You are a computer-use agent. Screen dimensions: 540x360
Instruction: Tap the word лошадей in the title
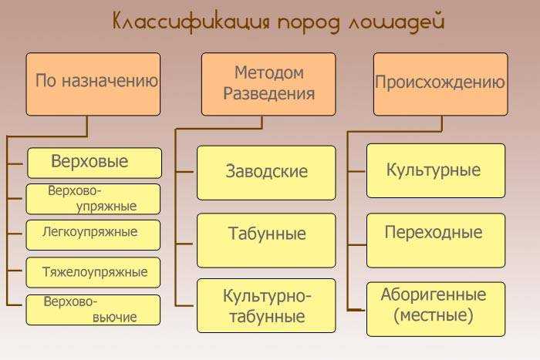tap(395, 22)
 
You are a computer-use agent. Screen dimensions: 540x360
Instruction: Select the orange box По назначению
tap(93, 84)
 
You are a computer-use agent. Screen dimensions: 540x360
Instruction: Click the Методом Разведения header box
tap(268, 84)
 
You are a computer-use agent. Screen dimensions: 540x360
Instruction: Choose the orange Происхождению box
tap(440, 84)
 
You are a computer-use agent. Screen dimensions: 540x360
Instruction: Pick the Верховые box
tap(94, 163)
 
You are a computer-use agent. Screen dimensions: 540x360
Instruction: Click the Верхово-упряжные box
tap(93, 199)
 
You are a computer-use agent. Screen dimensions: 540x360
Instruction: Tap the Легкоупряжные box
tap(93, 235)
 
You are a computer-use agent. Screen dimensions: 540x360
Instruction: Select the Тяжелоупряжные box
tap(93, 272)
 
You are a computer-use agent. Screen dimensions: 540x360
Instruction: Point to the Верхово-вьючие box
tap(93, 310)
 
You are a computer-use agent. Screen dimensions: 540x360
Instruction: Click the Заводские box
tap(266, 173)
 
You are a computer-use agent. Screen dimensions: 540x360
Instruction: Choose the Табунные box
tap(266, 241)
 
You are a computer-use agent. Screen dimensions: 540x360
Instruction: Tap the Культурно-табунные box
tap(266, 305)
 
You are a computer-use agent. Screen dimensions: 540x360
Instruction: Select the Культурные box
tap(436, 170)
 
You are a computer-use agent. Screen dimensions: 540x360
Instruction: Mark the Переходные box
tap(436, 241)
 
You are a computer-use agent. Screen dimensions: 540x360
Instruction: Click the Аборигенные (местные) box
tap(436, 309)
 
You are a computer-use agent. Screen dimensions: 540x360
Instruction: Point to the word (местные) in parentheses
tap(434, 315)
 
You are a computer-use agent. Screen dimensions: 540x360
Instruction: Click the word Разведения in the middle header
tap(269, 93)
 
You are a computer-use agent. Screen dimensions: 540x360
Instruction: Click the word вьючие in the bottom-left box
tap(114, 317)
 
